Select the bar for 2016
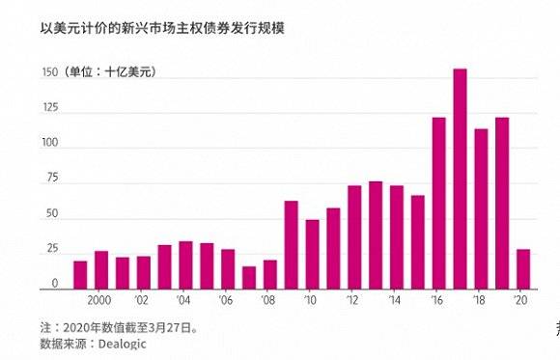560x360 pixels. [438, 204]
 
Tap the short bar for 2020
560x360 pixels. [522, 269]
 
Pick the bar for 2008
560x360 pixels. [270, 275]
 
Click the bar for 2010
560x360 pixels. [312, 255]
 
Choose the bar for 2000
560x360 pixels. [101, 270]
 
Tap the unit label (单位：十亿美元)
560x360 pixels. [110, 73]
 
